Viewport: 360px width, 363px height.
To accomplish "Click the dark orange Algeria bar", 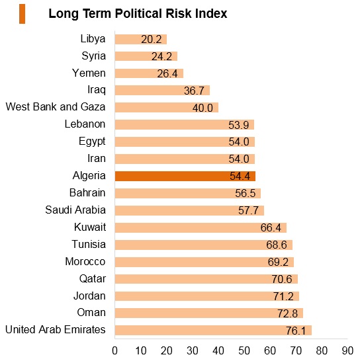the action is pyautogui.click(x=185, y=176).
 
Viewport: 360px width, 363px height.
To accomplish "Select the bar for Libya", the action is pyautogui.click(x=141, y=40).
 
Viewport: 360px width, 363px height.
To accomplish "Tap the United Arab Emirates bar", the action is pyautogui.click(x=213, y=331).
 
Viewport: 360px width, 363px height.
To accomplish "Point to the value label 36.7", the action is pyautogui.click(x=194, y=91).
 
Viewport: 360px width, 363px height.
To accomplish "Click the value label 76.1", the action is pyautogui.click(x=296, y=331).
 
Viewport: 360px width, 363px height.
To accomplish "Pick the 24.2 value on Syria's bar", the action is pyautogui.click(x=161, y=56).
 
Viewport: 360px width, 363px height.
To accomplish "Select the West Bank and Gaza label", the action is pyautogui.click(x=56, y=106).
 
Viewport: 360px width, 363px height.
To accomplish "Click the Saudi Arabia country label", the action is pyautogui.click(x=75, y=210).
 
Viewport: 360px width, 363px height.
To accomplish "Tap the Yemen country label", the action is pyautogui.click(x=89, y=73).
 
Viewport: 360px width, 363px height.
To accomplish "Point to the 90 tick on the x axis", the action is pyautogui.click(x=347, y=350).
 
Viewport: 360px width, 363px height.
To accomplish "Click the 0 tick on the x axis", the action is pyautogui.click(x=114, y=350).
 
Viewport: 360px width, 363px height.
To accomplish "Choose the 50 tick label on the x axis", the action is pyautogui.click(x=244, y=350).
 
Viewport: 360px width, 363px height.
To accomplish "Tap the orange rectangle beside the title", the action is pyautogui.click(x=22, y=14).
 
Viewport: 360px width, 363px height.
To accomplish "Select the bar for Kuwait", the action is pyautogui.click(x=201, y=228).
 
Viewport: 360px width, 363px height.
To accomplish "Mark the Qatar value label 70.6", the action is pyautogui.click(x=282, y=279).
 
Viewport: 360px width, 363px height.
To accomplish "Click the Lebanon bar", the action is pyautogui.click(x=185, y=125).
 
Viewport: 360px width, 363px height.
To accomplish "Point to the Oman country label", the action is pyautogui.click(x=91, y=313).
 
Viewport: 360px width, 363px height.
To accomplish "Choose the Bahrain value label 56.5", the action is pyautogui.click(x=246, y=193).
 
